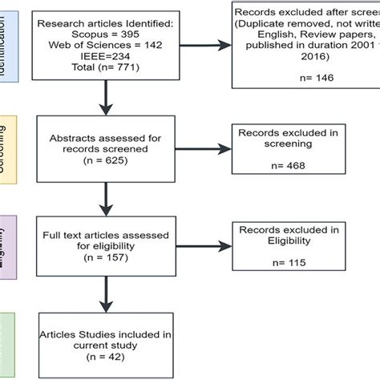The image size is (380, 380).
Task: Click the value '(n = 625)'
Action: [105, 160]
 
